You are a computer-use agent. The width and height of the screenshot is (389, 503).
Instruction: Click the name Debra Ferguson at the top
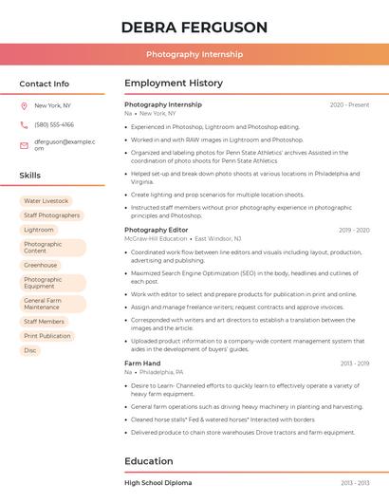(x=194, y=27)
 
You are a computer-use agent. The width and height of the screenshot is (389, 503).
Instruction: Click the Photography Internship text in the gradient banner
(x=194, y=55)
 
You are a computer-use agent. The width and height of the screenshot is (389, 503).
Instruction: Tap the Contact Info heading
(x=45, y=84)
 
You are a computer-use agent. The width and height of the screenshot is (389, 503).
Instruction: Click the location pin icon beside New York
(x=24, y=106)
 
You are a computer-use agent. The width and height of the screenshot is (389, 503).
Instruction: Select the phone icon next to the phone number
(x=24, y=125)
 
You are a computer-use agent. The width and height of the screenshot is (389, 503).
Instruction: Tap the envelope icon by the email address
(x=24, y=144)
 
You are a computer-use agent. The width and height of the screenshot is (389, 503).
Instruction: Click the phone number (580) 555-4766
(x=54, y=125)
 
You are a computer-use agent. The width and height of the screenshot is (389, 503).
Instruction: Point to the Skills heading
(x=30, y=176)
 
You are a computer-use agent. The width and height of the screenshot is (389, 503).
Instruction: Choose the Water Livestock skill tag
(x=46, y=201)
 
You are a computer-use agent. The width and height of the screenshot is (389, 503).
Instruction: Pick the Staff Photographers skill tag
(x=51, y=215)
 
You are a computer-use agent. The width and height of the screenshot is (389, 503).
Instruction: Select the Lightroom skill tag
(x=39, y=230)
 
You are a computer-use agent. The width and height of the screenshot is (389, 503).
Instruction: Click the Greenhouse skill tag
(x=41, y=266)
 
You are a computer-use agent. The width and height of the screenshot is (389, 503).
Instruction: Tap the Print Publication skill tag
(x=47, y=336)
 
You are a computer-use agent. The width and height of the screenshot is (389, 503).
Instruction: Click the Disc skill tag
(x=30, y=350)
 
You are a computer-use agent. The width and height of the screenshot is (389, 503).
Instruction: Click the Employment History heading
(x=174, y=84)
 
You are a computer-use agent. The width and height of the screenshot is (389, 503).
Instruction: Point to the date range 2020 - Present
(x=349, y=105)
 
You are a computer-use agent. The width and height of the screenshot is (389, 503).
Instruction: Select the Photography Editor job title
(x=157, y=230)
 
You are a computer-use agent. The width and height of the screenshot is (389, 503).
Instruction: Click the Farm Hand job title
(x=142, y=363)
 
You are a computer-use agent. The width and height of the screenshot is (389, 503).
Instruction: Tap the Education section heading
(x=149, y=461)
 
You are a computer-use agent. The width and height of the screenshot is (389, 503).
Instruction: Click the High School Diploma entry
(x=157, y=483)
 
